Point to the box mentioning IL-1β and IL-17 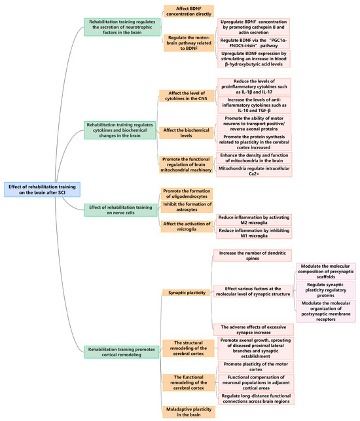point(253,86)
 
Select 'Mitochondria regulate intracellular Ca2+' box point(253,171)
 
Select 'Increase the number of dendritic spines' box point(253,255)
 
